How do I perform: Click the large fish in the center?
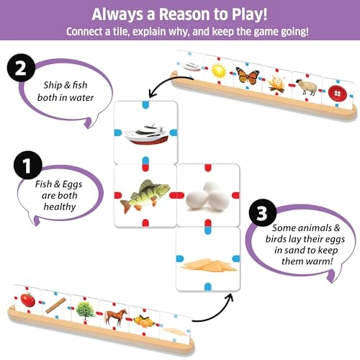pyautogui.click(x=145, y=194)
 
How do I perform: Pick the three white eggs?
pyautogui.click(x=207, y=196)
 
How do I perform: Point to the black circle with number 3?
pyautogui.click(x=260, y=214)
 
